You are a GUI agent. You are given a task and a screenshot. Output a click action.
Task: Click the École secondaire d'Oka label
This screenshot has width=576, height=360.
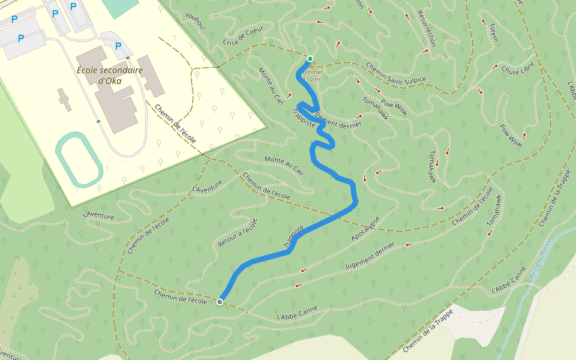110,74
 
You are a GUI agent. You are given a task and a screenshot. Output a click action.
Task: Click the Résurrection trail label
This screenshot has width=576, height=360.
425,28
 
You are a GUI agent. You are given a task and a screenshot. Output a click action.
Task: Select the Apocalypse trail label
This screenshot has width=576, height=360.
367,230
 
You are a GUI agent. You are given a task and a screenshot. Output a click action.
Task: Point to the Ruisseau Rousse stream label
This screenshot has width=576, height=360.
540,258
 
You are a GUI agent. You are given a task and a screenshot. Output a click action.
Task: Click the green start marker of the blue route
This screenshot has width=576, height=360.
310,58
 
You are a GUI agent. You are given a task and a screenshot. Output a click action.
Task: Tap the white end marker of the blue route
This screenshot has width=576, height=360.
221,301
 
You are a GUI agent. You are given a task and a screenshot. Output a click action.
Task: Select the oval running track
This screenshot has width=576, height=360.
79,160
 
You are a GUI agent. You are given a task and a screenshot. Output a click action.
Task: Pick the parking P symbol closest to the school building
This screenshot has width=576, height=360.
118,46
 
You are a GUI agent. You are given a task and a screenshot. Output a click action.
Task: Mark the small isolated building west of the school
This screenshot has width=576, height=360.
64,99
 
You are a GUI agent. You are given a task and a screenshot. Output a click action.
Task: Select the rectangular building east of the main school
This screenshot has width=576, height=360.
151,76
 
